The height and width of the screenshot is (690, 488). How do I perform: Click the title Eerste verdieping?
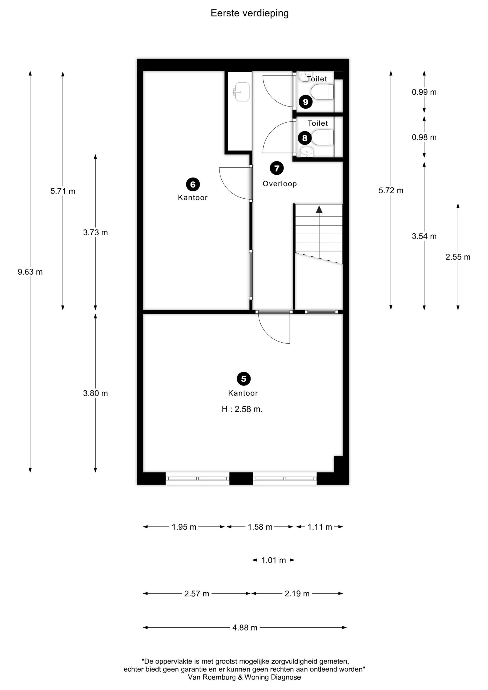click(x=250, y=13)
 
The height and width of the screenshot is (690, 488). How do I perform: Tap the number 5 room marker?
click(x=243, y=379)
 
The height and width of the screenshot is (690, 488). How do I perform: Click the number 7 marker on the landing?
click(x=277, y=168)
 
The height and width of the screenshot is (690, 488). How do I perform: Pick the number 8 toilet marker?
click(x=305, y=138)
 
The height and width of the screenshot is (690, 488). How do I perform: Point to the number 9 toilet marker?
click(x=305, y=102)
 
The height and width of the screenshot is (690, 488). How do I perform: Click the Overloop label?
click(x=280, y=184)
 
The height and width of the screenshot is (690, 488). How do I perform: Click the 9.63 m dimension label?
click(x=30, y=272)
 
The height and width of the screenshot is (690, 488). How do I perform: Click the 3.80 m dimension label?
click(x=95, y=394)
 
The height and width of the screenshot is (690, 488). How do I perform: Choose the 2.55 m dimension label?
click(x=458, y=257)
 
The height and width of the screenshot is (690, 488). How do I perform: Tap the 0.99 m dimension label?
click(x=424, y=92)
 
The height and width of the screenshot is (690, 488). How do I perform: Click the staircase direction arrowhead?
click(x=319, y=209)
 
